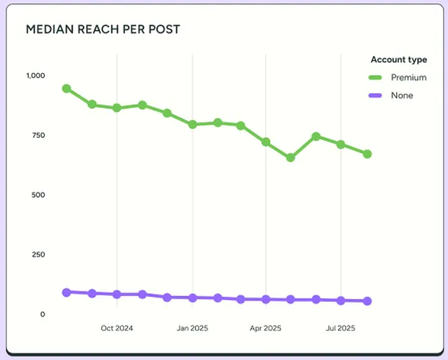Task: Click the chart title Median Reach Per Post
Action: pyautogui.click(x=103, y=30)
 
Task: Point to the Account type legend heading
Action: pyautogui.click(x=398, y=59)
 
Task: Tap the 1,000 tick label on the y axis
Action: pyautogui.click(x=36, y=76)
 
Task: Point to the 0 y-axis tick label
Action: pyautogui.click(x=43, y=314)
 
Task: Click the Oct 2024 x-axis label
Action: pyautogui.click(x=117, y=328)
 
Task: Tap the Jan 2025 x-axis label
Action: pyautogui.click(x=192, y=328)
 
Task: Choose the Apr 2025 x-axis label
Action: pyautogui.click(x=266, y=328)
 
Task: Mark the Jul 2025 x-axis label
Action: pyautogui.click(x=341, y=328)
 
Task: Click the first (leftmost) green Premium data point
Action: pyautogui.click(x=67, y=89)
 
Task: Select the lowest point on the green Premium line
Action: pyautogui.click(x=290, y=158)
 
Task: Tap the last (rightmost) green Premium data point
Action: pyautogui.click(x=367, y=154)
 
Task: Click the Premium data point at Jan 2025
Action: pyautogui.click(x=192, y=124)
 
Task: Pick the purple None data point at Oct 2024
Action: pyautogui.click(x=117, y=294)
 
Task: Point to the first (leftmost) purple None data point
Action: pyautogui.click(x=67, y=292)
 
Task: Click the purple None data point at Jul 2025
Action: pyautogui.click(x=341, y=300)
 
